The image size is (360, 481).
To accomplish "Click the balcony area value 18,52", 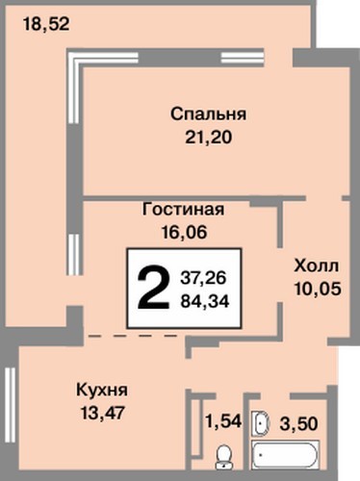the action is click(x=46, y=24).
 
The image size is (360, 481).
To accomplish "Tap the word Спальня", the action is click(x=209, y=114).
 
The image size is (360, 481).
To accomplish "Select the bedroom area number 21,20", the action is click(x=208, y=138).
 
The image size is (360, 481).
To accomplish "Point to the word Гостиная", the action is click(x=183, y=210).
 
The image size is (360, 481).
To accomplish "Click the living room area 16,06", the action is click(x=184, y=232).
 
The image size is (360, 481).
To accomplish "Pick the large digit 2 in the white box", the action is click(x=153, y=288).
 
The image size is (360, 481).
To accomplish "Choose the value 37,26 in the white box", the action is click(x=203, y=277).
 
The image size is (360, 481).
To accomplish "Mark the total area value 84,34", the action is click(x=205, y=301).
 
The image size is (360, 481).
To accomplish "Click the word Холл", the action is click(x=317, y=266).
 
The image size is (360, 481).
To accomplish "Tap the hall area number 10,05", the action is click(x=318, y=290).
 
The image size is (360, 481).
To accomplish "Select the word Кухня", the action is click(x=102, y=390).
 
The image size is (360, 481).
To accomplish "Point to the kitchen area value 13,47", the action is click(x=102, y=413).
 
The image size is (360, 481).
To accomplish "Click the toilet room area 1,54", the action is click(x=223, y=421).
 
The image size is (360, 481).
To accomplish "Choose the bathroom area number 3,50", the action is click(x=298, y=423).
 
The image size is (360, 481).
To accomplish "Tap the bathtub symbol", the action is click(x=286, y=455).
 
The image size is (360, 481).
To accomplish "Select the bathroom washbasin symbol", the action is click(x=262, y=423).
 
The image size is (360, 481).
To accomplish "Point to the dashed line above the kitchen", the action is click(x=133, y=336).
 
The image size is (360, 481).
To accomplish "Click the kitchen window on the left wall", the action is click(x=11, y=392).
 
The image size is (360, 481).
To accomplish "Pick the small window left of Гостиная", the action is click(x=74, y=254).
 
